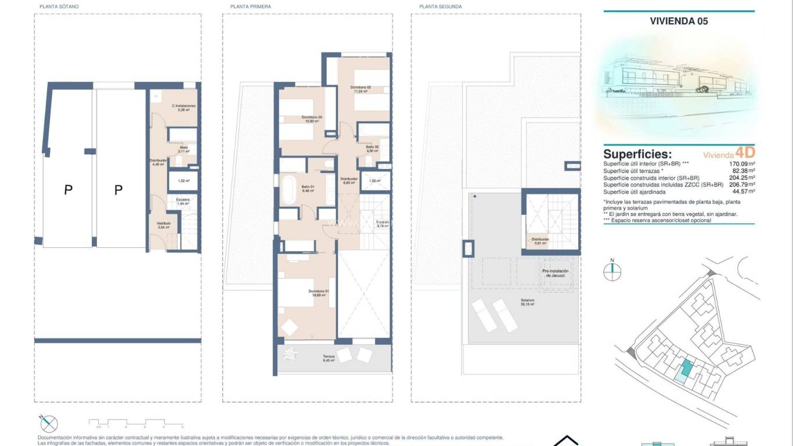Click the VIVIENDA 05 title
(x=679, y=21)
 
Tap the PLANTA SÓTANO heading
(x=59, y=6)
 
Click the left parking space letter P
(x=68, y=190)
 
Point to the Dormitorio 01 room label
(x=318, y=293)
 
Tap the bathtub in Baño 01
(x=288, y=189)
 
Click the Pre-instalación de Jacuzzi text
(x=555, y=274)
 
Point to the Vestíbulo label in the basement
(x=163, y=225)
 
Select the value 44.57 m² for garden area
(x=743, y=192)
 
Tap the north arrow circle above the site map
(x=612, y=269)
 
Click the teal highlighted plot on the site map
(x=686, y=368)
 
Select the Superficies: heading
(x=637, y=154)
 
